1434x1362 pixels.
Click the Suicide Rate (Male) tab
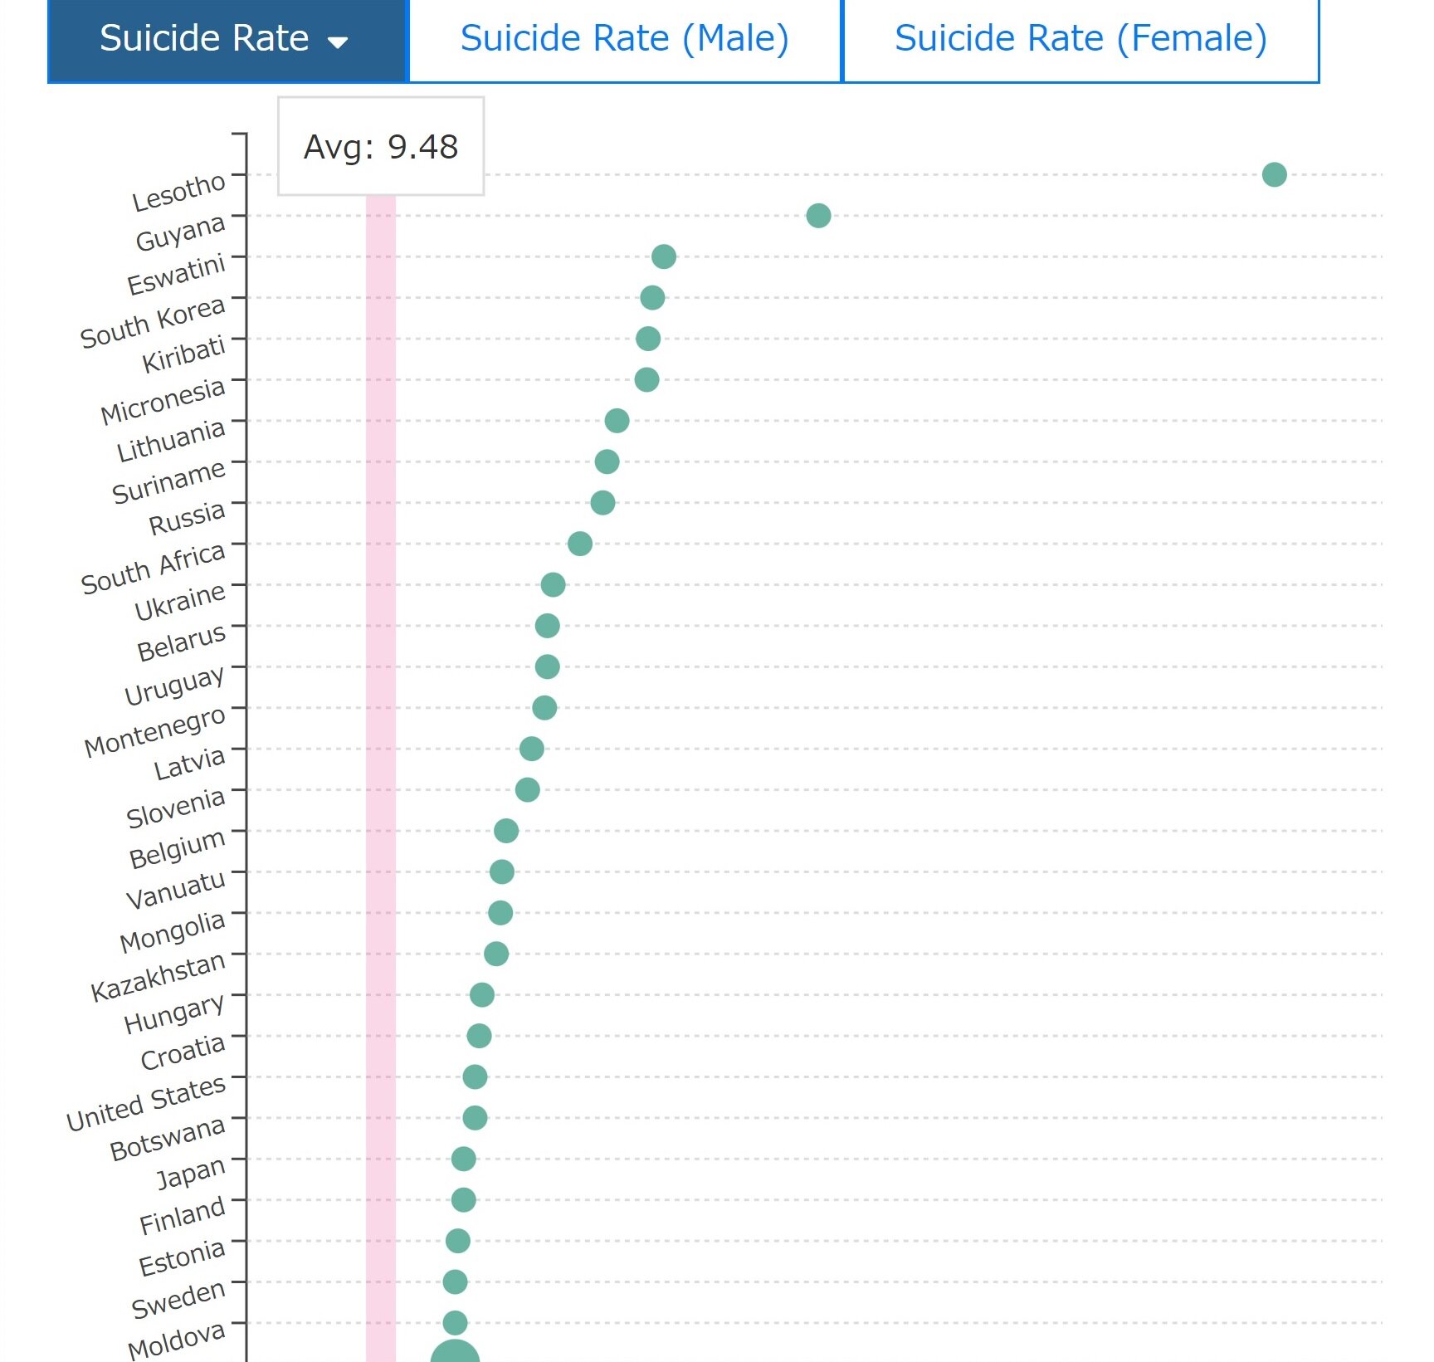point(624,39)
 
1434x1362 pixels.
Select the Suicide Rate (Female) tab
point(1080,39)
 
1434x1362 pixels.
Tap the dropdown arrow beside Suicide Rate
point(338,42)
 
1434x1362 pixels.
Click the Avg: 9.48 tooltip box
point(381,147)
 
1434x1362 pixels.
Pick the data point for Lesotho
point(1274,174)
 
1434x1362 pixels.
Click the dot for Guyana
point(818,216)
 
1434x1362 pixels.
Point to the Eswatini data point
point(663,256)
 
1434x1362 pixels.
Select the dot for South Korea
point(652,297)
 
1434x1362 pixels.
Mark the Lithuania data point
point(617,421)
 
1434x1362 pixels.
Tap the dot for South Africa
point(580,544)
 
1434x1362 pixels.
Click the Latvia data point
point(531,749)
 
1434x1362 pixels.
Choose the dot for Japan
point(463,1159)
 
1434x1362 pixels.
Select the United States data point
point(475,1076)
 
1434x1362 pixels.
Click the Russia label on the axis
point(187,518)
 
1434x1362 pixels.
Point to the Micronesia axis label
point(163,402)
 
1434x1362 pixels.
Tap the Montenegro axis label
point(155,732)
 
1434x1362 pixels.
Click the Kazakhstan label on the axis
point(158,978)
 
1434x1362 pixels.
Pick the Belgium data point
point(505,831)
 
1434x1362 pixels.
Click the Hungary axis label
point(174,1015)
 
